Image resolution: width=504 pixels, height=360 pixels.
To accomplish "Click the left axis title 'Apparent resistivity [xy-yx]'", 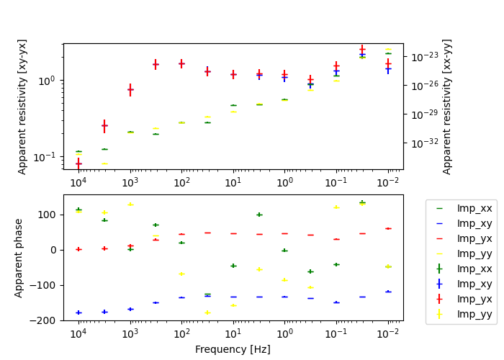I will [x=22, y=107].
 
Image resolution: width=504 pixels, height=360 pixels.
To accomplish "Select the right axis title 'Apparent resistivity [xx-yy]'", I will [x=447, y=107].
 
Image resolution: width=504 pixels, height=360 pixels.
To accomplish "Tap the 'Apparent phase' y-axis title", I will [x=19, y=258].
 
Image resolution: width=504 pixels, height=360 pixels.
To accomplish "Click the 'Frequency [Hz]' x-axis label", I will [x=233, y=349].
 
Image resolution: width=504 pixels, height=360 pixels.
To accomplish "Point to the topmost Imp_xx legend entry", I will [x=474, y=208].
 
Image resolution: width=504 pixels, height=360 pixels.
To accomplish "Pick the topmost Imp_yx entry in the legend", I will [x=474, y=238].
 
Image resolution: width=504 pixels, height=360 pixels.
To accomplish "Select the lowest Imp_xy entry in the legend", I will [x=474, y=283].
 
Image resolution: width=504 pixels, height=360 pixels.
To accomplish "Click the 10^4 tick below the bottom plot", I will [x=78, y=333].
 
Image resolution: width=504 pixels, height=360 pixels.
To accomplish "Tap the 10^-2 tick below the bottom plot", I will [x=389, y=333].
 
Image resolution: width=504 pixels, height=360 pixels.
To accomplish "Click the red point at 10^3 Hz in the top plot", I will [x=130, y=90].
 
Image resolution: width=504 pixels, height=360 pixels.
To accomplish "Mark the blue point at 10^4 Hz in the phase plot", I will [x=78, y=312].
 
